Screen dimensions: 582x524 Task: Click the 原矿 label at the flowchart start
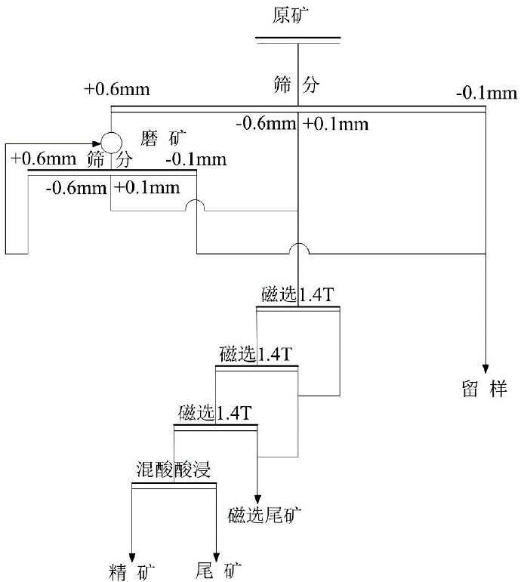297,14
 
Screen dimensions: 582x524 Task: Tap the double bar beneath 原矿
297,40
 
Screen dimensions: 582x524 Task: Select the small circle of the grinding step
111,141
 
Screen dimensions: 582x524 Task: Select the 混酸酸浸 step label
174,470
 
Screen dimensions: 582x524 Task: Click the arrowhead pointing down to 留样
485,365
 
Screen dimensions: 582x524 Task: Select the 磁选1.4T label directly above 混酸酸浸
215,413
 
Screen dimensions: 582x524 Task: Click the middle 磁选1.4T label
256,354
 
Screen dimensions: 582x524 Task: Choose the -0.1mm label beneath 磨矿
195,159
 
